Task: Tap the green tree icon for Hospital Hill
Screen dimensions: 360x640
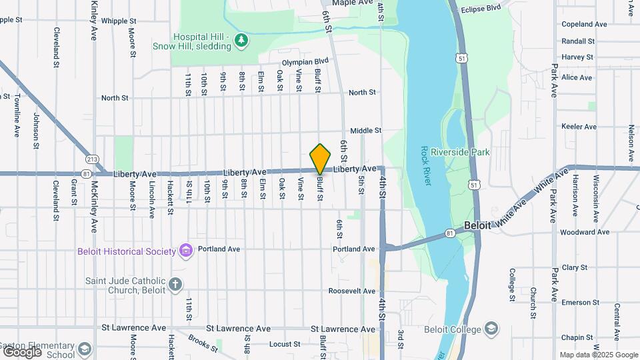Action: click(241, 42)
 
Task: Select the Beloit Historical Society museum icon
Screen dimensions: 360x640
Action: click(186, 251)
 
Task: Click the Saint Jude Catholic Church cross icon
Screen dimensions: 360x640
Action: click(175, 285)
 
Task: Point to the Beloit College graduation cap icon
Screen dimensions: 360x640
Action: click(491, 329)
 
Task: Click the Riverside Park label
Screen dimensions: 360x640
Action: click(461, 153)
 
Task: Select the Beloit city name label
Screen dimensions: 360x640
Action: click(477, 225)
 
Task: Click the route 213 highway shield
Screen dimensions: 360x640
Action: click(92, 159)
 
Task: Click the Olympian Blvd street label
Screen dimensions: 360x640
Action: click(306, 62)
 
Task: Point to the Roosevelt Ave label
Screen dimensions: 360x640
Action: click(352, 291)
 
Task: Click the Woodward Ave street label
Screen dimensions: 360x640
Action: click(585, 233)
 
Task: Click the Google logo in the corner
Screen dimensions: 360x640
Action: click(22, 351)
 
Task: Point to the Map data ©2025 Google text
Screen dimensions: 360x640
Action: click(598, 355)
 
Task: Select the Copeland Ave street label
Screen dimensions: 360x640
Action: click(584, 24)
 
